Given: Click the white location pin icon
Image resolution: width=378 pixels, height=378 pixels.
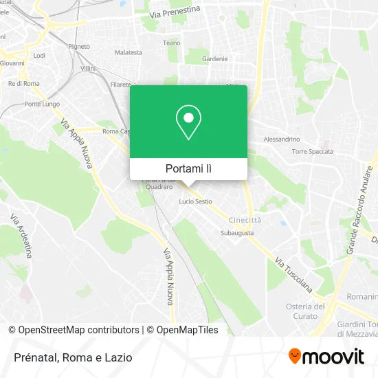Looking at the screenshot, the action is tap(188, 122).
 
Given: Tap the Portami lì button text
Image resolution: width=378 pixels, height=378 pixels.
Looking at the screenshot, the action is tap(188, 168).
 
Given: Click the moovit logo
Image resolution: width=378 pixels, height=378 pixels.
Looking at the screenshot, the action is tap(326, 357).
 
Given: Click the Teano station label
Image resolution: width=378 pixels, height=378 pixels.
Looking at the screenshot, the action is tap(171, 43).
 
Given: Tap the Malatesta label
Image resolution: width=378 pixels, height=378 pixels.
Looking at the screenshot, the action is tap(129, 52).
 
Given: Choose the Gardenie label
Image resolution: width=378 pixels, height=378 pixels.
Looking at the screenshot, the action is tap(214, 59).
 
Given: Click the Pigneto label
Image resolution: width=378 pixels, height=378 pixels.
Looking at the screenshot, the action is tap(79, 46).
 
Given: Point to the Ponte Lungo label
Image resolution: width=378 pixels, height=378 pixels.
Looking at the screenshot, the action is tap(42, 104).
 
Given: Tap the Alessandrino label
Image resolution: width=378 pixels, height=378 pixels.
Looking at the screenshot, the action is tap(282, 139).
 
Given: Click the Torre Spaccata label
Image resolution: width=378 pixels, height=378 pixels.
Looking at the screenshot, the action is tap(313, 151).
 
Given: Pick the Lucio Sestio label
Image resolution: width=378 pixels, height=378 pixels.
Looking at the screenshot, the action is tap(196, 201).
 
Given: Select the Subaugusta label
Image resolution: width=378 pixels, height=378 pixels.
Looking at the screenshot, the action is tap(237, 233).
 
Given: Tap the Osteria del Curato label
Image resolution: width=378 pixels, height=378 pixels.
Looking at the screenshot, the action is tap(306, 311).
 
